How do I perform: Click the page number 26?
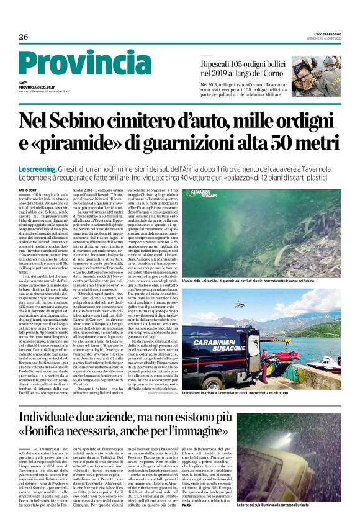pyautogui.click(x=23, y=37)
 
